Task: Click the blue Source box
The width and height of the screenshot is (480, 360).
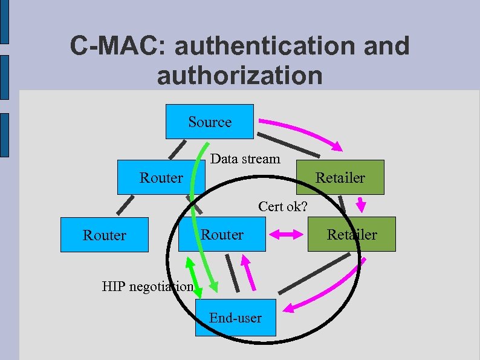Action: pyautogui.click(x=210, y=122)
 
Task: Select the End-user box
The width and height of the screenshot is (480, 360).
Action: pyautogui.click(x=236, y=318)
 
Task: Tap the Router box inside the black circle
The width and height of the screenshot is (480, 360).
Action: pyautogui.click(x=222, y=234)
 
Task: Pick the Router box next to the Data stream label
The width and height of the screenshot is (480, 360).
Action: pyautogui.click(x=161, y=177)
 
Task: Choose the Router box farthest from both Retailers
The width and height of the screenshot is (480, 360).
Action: pyautogui.click(x=105, y=235)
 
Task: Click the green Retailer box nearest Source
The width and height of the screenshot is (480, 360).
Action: pyautogui.click(x=340, y=177)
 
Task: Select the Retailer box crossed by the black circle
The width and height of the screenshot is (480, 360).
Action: pyautogui.click(x=352, y=234)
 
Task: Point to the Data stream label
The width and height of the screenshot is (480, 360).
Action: pyautogui.click(x=245, y=159)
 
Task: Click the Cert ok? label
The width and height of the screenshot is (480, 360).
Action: pyautogui.click(x=283, y=206)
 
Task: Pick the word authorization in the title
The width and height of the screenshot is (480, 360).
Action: pyautogui.click(x=239, y=76)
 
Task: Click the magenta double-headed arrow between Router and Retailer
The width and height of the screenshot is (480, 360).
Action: pyautogui.click(x=286, y=234)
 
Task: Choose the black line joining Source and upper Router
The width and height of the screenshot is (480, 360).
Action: pyautogui.click(x=176, y=148)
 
